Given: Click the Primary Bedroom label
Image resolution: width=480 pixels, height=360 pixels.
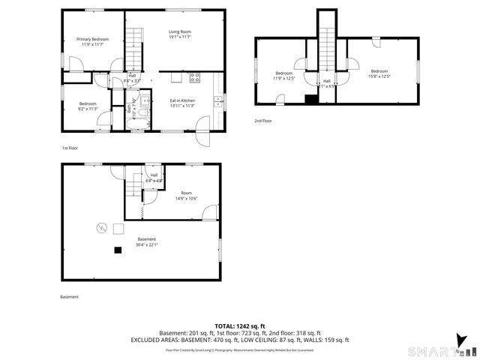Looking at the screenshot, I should pyautogui.click(x=92, y=42).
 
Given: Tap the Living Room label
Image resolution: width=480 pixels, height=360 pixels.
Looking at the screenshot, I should pyautogui.click(x=179, y=34).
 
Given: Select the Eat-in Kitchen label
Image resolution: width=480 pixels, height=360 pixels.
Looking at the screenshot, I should pyautogui.click(x=182, y=103).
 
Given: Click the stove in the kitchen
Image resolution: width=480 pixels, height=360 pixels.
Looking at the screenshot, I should pyautogui.click(x=195, y=76).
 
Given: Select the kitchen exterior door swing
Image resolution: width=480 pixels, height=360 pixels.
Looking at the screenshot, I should pyautogui.click(x=203, y=138).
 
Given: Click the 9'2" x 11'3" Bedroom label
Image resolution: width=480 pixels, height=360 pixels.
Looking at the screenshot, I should pyautogui.click(x=88, y=106).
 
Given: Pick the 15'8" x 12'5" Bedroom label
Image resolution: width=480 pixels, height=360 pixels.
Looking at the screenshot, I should pyautogui.click(x=379, y=73).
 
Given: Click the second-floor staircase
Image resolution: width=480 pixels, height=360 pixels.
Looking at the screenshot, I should pyautogui.click(x=327, y=45).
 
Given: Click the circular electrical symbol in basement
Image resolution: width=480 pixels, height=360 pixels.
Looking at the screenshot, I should pyautogui.click(x=100, y=228).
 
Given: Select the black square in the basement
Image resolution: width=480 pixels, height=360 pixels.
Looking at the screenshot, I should pyautogui.click(x=117, y=250).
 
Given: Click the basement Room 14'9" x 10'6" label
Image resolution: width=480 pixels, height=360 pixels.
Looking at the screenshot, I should pyautogui.click(x=185, y=195).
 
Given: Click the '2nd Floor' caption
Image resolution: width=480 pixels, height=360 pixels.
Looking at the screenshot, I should pyautogui.click(x=262, y=121).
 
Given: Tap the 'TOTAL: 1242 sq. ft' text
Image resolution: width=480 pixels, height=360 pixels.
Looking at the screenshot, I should pyautogui.click(x=239, y=326).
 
